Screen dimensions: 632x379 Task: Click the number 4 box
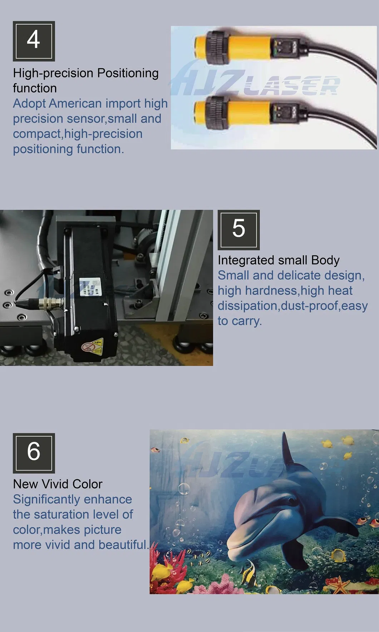[x=34, y=41]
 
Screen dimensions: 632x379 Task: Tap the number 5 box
[x=238, y=230]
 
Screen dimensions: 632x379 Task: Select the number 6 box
[x=34, y=453]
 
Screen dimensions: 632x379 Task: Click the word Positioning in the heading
[x=128, y=73]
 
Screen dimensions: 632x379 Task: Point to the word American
[x=75, y=104]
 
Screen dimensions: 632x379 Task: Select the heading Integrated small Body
[x=279, y=260]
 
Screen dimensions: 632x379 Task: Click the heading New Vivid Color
[x=58, y=484]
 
